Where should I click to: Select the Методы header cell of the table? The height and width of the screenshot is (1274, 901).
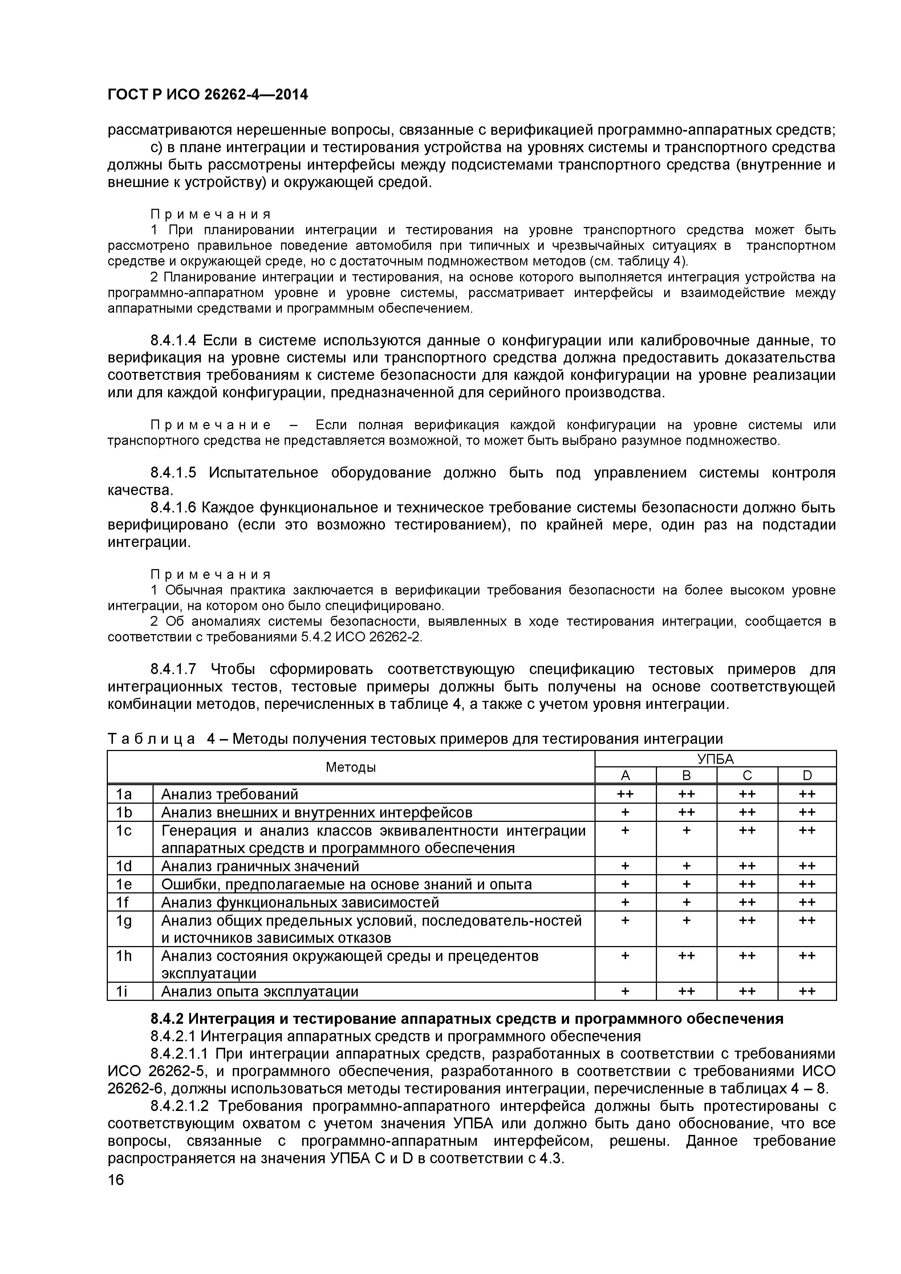(x=351, y=767)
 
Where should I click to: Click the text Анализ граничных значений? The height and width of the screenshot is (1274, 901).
(x=260, y=866)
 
